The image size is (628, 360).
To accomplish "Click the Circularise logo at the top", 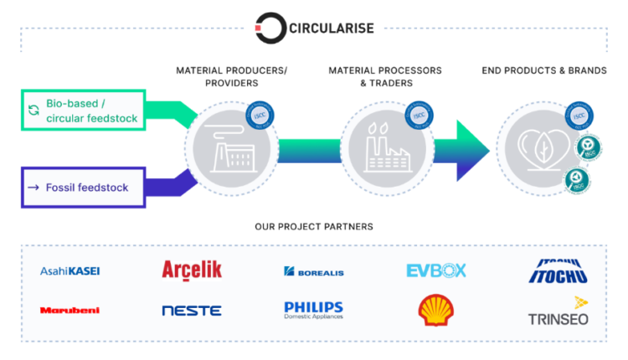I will (314, 27).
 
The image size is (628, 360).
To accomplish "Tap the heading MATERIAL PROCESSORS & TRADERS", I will (385, 77).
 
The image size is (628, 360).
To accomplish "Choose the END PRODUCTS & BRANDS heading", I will (544, 70).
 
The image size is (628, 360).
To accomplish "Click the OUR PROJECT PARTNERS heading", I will (314, 227).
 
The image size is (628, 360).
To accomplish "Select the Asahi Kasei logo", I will (70, 270).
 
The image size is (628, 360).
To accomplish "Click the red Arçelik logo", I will (192, 270).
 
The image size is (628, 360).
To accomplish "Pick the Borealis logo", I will (314, 271).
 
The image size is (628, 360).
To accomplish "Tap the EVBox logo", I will (436, 270).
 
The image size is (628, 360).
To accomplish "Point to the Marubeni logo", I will (69, 310).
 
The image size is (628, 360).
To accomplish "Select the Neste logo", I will (192, 311).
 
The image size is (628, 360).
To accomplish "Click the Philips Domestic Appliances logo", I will (314, 310).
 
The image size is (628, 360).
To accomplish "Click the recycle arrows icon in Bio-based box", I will (33, 111).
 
